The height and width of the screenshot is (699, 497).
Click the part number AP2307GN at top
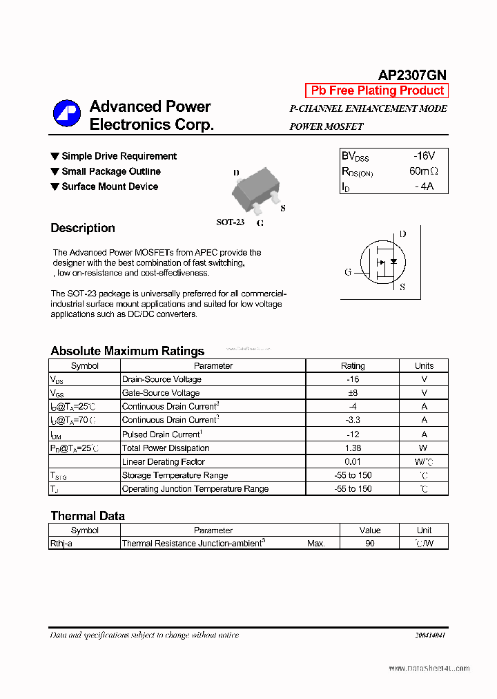click(x=412, y=75)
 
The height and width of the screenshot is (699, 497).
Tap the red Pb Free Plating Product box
click(x=377, y=90)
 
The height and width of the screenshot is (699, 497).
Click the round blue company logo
click(x=67, y=114)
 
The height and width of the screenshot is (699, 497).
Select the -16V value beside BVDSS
click(x=423, y=157)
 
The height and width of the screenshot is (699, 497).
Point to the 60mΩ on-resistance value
click(x=423, y=171)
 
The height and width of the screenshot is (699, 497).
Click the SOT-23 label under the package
click(x=231, y=222)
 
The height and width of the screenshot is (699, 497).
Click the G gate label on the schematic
click(x=348, y=272)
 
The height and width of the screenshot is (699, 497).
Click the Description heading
click(x=83, y=228)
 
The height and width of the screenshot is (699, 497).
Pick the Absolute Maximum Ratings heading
click(x=128, y=351)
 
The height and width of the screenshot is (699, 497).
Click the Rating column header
click(x=353, y=366)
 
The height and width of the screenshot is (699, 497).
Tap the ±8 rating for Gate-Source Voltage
click(x=353, y=393)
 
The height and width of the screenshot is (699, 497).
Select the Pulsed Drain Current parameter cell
click(x=161, y=434)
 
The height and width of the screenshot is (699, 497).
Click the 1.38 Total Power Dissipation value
click(x=353, y=448)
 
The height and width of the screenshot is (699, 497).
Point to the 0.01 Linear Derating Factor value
click(x=353, y=461)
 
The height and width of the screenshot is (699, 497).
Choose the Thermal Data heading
click(x=88, y=516)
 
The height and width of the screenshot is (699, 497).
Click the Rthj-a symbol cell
click(x=61, y=544)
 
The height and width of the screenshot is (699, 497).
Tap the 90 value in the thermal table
click(x=370, y=544)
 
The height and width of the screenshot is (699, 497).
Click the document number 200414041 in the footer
click(x=430, y=635)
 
